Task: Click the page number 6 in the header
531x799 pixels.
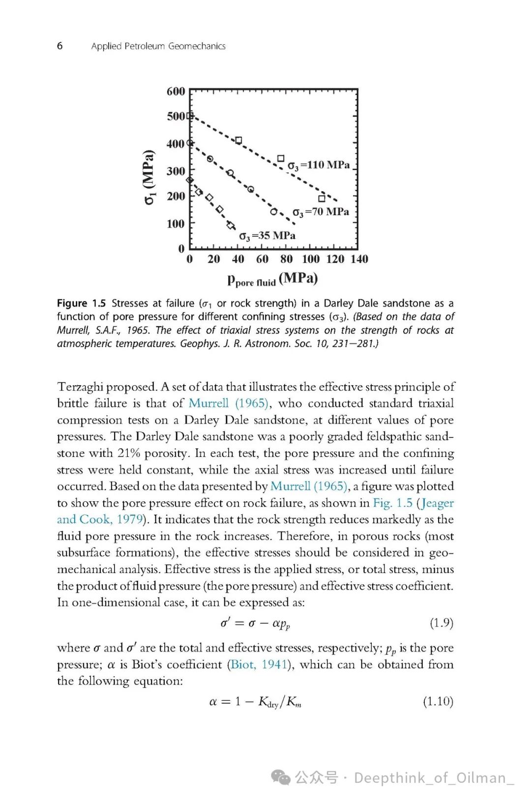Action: click(60, 46)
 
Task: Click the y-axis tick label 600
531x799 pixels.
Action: click(176, 91)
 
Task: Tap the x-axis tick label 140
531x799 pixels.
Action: click(359, 259)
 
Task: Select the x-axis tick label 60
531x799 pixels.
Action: click(262, 259)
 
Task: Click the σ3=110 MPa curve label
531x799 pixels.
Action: click(319, 165)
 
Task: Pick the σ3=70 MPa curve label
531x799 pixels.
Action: click(321, 212)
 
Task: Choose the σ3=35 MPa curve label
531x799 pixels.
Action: click(267, 236)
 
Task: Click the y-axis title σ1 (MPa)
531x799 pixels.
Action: click(149, 177)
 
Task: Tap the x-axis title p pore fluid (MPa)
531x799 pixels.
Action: click(272, 279)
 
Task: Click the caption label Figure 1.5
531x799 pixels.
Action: click(81, 303)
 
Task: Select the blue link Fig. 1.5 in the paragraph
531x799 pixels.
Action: click(392, 503)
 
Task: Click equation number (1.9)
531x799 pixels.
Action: click(441, 623)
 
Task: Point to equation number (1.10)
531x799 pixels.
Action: click(438, 701)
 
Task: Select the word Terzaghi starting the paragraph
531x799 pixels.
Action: click(80, 387)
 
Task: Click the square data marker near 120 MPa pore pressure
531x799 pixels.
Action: click(322, 199)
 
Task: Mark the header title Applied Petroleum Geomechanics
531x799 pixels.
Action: click(158, 46)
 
